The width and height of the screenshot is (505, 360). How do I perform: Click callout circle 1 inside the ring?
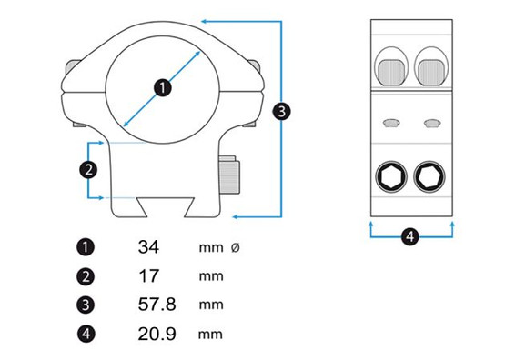[163, 87]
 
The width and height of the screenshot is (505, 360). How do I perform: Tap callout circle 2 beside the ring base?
[88, 169]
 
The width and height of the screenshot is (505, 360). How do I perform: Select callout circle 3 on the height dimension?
[281, 111]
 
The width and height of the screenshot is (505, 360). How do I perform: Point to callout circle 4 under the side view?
[410, 236]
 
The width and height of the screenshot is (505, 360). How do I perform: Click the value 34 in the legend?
[148, 247]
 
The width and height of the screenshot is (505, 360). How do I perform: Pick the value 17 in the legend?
[148, 275]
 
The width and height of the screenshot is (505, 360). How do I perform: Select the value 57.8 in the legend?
[157, 304]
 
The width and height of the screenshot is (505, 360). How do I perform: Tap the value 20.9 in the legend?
[157, 334]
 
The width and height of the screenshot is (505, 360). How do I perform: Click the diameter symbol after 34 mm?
[236, 247]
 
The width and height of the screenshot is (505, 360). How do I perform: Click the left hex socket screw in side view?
[391, 176]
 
